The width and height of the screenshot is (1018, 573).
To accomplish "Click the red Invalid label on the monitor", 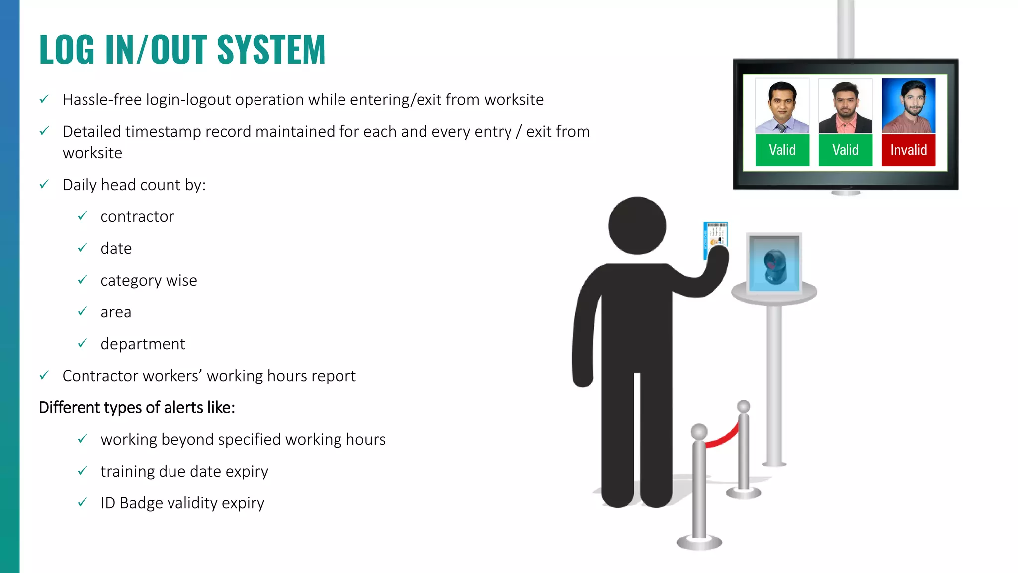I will coord(908,150).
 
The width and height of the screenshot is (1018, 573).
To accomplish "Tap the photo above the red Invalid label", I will coord(909,105).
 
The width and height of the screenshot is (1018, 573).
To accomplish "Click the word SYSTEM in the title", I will coord(271,50).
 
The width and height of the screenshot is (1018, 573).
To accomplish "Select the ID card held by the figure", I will coord(715,240).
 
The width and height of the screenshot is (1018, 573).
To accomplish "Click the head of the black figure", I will coord(637,226).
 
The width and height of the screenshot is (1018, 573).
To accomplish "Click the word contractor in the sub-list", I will coord(137,217).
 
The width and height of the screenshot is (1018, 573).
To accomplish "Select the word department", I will coord(143,344).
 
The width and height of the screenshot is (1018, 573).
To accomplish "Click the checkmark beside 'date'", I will coord(83,248).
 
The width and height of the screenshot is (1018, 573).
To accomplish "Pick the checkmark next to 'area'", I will coord(83,311).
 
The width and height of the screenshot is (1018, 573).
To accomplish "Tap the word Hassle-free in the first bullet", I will coord(102,100).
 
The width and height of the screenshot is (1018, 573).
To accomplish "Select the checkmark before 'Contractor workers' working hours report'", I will coord(44,375).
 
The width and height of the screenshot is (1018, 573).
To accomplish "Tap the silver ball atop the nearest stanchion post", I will coord(699,431).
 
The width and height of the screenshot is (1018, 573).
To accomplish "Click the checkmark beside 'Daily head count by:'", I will coord(44,184).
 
